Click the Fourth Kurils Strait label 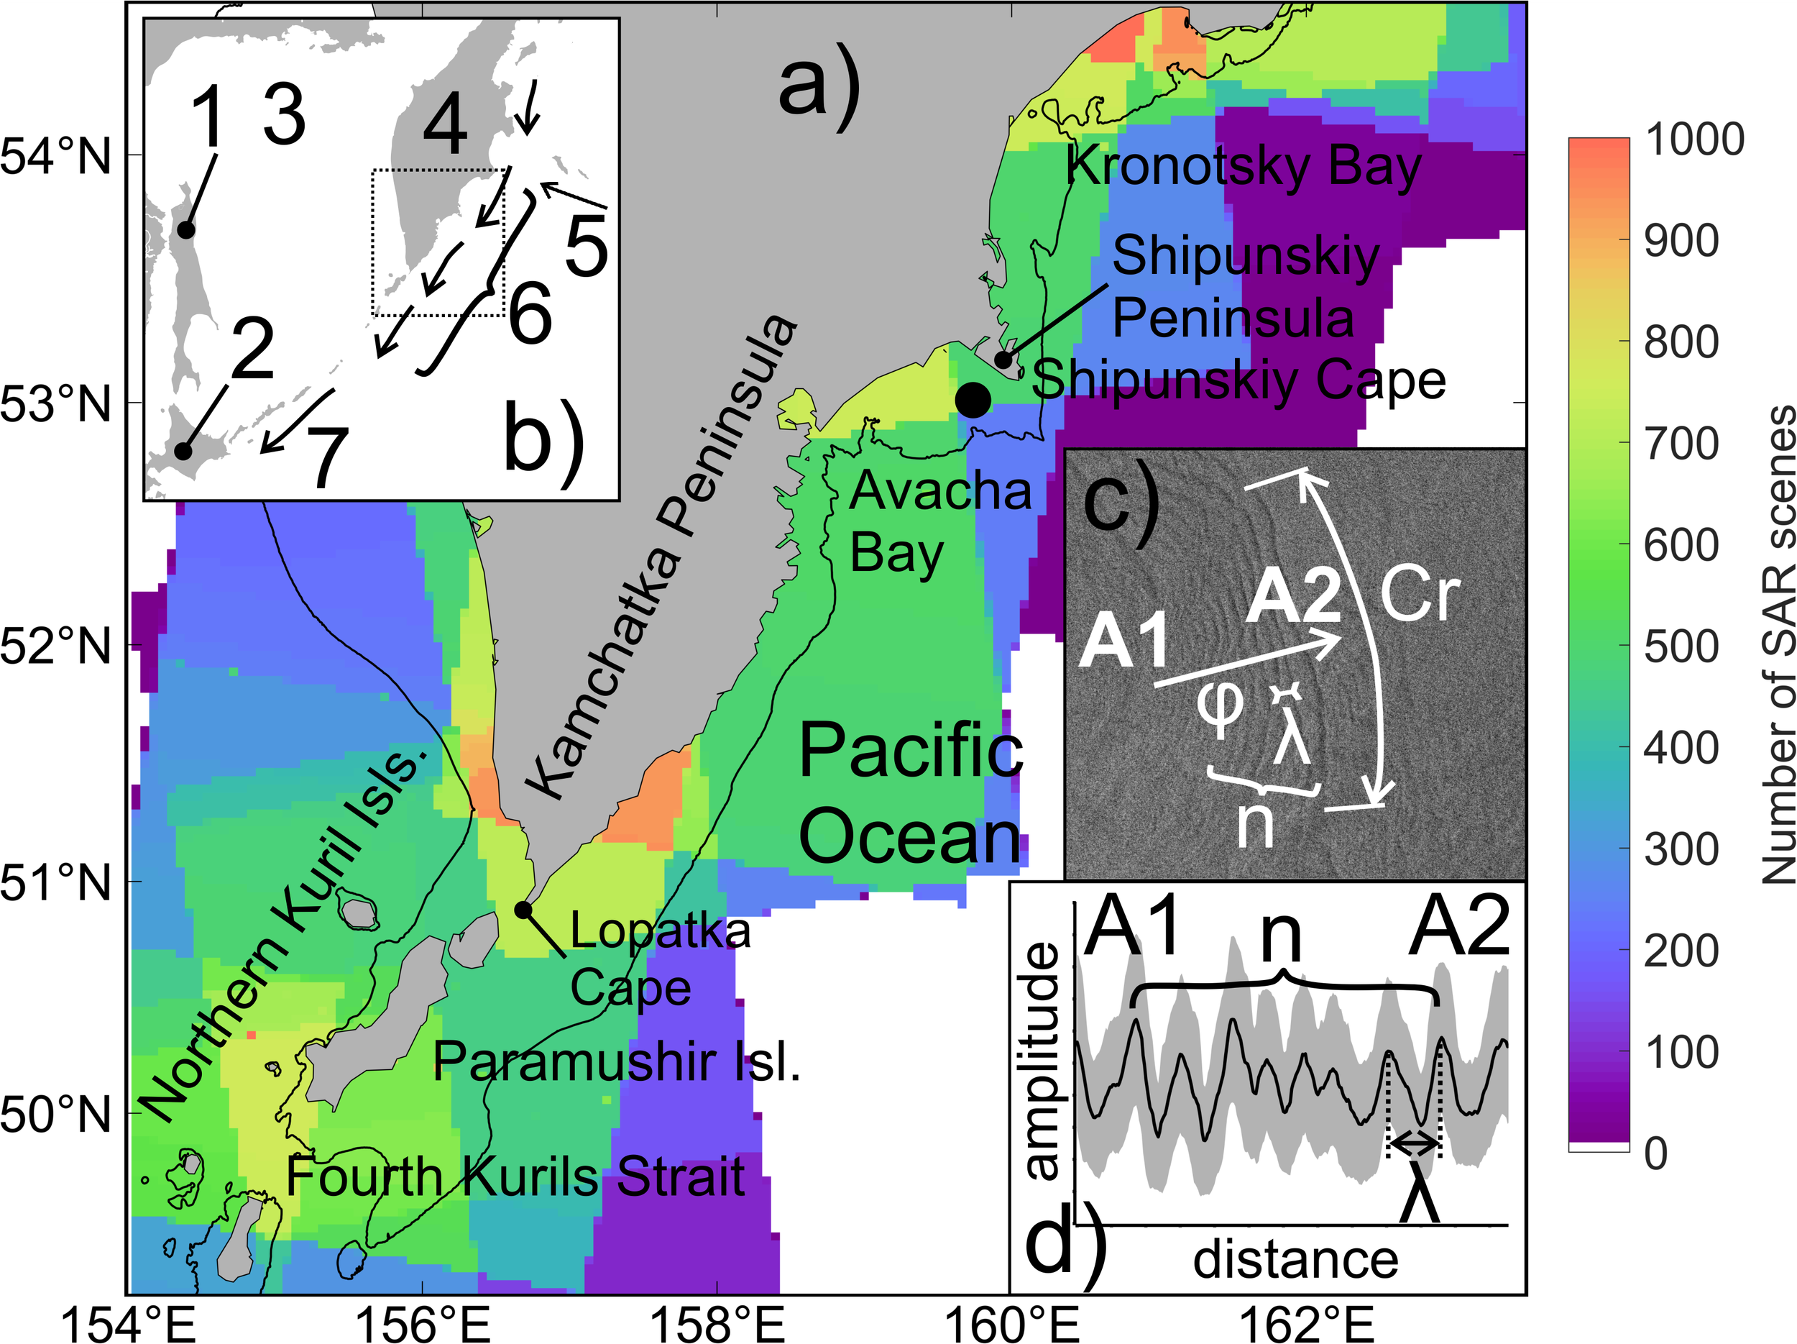[515, 1176]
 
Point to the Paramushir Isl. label [617, 1061]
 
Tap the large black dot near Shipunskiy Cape [973, 400]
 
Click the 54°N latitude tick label [55, 155]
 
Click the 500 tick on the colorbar [1682, 646]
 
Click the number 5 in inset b [586, 244]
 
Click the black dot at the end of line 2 [183, 451]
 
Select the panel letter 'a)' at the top [818, 88]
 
